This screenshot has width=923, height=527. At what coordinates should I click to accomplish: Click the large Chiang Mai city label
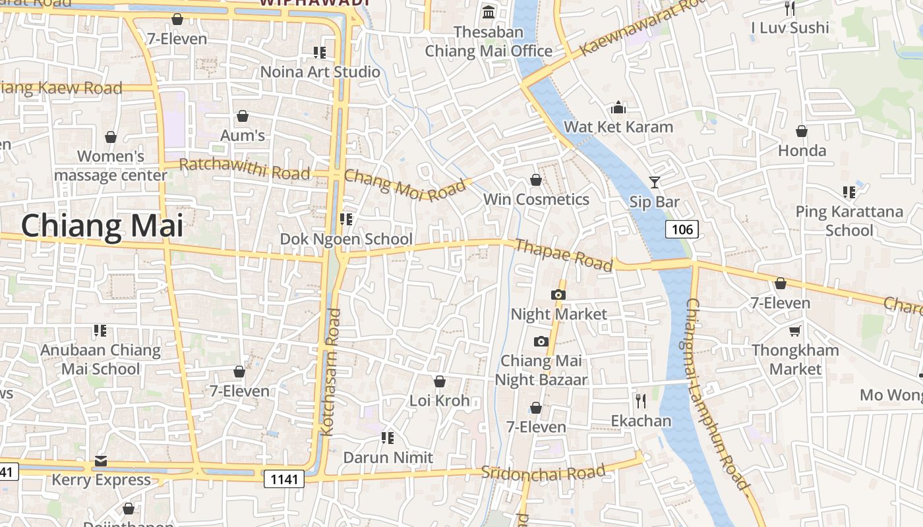pyautogui.click(x=102, y=226)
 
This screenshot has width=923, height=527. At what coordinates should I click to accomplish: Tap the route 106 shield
pyautogui.click(x=682, y=229)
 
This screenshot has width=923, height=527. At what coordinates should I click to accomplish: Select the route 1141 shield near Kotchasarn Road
pyautogui.click(x=284, y=479)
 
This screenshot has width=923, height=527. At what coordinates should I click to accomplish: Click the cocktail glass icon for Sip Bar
pyautogui.click(x=654, y=182)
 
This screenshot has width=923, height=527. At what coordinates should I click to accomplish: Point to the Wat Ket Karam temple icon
pyautogui.click(x=618, y=107)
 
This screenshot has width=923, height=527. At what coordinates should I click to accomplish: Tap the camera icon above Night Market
pyautogui.click(x=558, y=294)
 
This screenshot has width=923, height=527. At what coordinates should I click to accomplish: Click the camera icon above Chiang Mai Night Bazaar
pyautogui.click(x=541, y=341)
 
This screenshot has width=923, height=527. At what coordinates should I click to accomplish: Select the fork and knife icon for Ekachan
pyautogui.click(x=640, y=401)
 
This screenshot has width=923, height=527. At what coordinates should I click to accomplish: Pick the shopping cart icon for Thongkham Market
pyautogui.click(x=795, y=331)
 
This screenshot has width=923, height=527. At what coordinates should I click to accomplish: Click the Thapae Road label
pyautogui.click(x=563, y=255)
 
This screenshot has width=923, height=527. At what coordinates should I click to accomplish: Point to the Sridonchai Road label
pyautogui.click(x=543, y=472)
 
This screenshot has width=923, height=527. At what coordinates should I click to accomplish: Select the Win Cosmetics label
pyautogui.click(x=536, y=199)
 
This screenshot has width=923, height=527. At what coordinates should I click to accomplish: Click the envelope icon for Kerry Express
pyautogui.click(x=101, y=460)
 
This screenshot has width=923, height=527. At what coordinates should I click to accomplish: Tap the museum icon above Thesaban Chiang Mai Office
pyautogui.click(x=489, y=12)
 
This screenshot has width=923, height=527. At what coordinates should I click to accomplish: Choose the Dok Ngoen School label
pyautogui.click(x=346, y=238)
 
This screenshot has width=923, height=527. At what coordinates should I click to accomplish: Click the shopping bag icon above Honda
pyautogui.click(x=802, y=131)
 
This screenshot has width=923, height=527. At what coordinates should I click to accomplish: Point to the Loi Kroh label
pyautogui.click(x=440, y=401)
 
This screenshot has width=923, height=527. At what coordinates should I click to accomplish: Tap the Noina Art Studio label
pyautogui.click(x=320, y=71)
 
